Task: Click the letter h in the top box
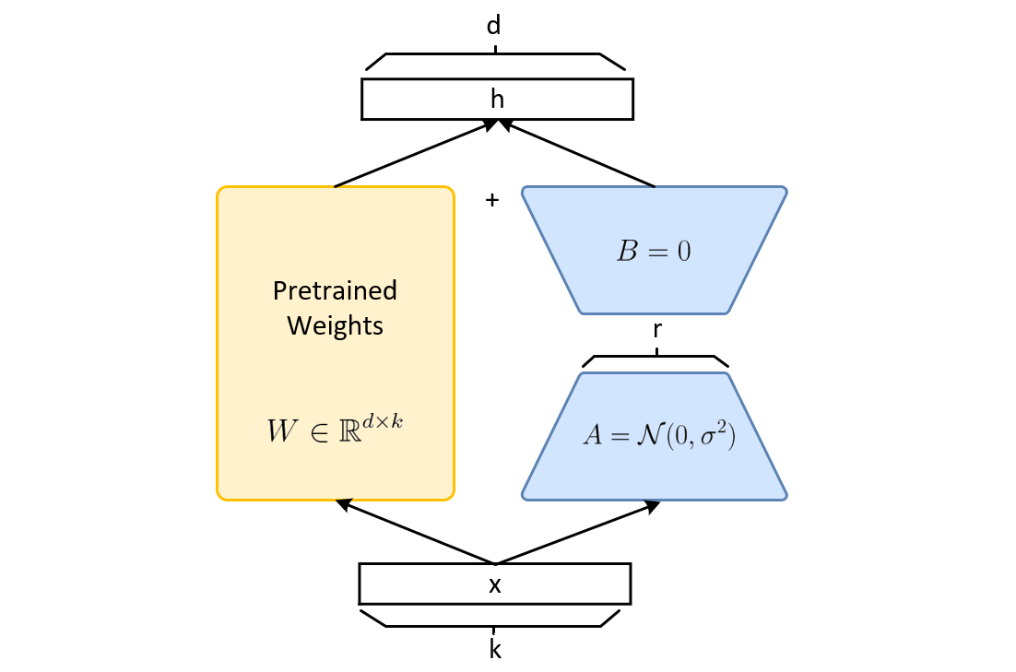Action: (x=497, y=100)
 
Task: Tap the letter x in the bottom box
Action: (x=495, y=584)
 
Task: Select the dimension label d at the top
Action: (x=494, y=26)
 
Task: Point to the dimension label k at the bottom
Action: (x=495, y=650)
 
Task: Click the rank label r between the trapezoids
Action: (x=656, y=328)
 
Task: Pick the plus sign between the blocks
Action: (x=492, y=200)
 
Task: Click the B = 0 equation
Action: (x=655, y=252)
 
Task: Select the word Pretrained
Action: (x=335, y=291)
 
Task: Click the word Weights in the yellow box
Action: (x=335, y=325)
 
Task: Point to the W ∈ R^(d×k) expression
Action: (x=335, y=430)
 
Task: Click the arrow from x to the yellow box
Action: (x=415, y=532)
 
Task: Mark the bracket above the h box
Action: (x=495, y=55)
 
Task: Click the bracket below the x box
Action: (x=494, y=624)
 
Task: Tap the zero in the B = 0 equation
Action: (x=684, y=252)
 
